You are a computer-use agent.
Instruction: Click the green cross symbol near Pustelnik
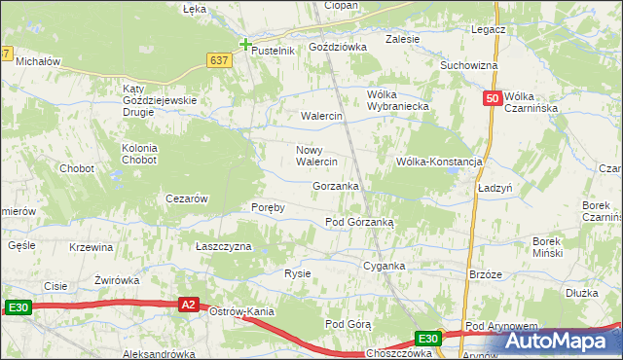pos(245,44)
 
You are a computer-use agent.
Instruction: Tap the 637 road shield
pos(219,60)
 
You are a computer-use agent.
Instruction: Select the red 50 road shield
pos(492,98)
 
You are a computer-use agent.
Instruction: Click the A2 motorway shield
pos(190,306)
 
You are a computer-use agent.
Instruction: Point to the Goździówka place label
pos(336,47)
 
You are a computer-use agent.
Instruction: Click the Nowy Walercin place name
pos(316,156)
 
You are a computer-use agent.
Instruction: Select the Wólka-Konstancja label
pos(439,162)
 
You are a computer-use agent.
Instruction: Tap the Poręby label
pos(268,207)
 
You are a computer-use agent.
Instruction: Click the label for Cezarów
pos(188,198)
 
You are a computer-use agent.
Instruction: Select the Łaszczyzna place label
pos(224,246)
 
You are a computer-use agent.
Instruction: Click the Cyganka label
pos(384,266)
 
